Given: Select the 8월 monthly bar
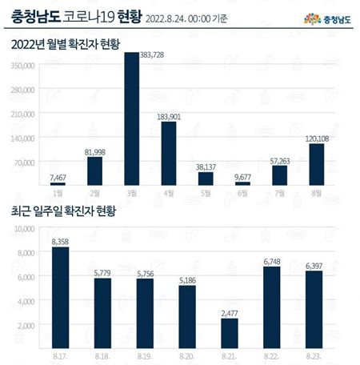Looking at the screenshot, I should tap(316, 164).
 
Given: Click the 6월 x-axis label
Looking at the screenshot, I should tap(242, 194).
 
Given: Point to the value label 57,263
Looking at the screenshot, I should tap(278, 158).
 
